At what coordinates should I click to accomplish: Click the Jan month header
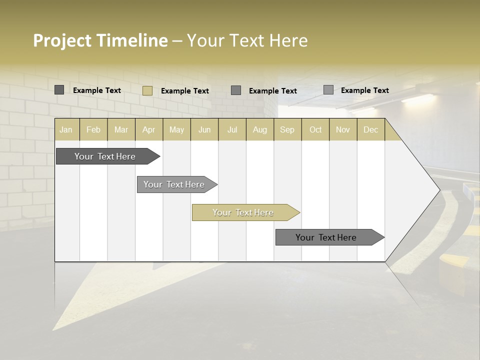(66, 130)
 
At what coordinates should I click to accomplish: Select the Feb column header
(93, 130)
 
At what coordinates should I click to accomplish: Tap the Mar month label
(121, 130)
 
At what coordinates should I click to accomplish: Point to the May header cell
(176, 130)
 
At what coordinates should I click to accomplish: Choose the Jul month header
(232, 130)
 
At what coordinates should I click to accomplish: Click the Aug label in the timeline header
(259, 130)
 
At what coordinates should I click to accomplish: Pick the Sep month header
(287, 130)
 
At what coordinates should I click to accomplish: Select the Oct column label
(315, 130)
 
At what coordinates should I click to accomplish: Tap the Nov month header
(343, 130)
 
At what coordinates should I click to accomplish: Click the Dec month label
(370, 130)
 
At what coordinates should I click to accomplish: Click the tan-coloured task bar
(243, 212)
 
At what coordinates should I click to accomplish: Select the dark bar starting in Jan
(105, 156)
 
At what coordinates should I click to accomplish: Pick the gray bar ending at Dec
(326, 237)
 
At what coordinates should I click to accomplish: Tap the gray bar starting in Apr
(174, 184)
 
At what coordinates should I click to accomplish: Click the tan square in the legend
(147, 90)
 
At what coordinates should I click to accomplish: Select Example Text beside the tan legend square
(185, 91)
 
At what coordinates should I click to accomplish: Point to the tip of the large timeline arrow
(439, 190)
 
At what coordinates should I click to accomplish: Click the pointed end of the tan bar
(298, 212)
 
